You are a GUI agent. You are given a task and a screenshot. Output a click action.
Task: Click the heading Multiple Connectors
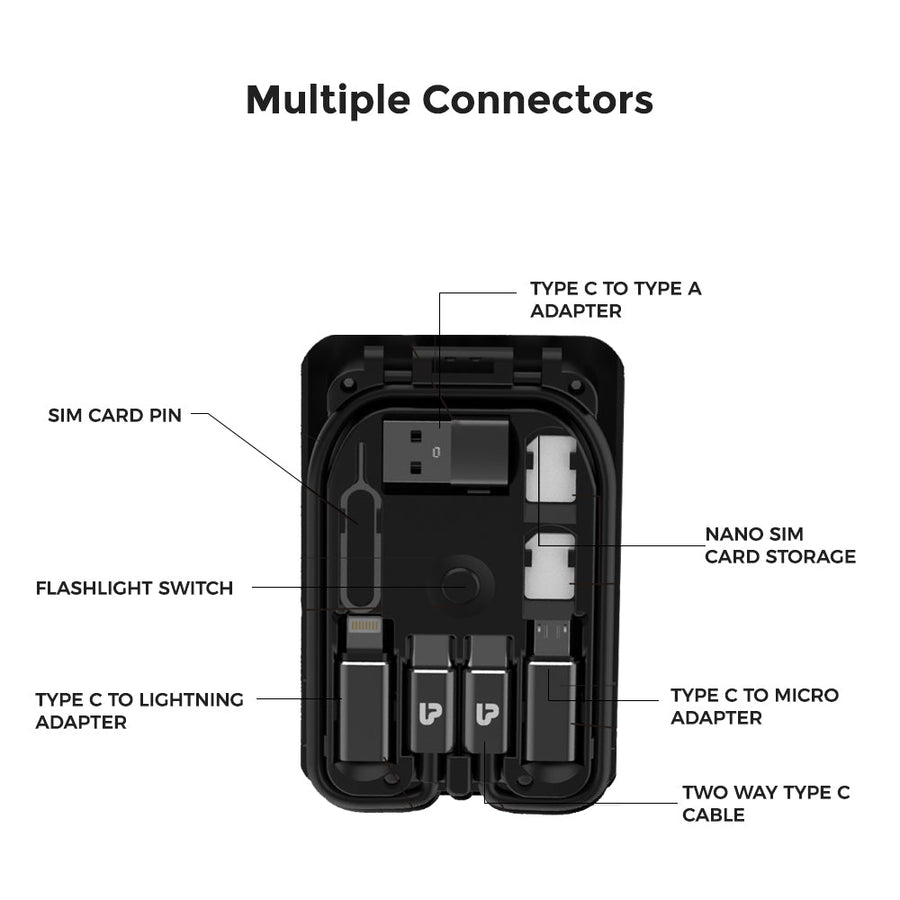point(449,101)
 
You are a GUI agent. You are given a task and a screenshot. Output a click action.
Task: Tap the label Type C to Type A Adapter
point(615,300)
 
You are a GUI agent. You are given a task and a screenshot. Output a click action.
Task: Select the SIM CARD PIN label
point(115,415)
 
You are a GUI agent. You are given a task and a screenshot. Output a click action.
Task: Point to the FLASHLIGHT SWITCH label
point(134,588)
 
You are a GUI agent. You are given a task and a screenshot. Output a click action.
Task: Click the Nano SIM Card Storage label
point(780,545)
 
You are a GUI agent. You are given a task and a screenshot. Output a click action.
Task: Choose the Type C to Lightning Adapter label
point(139,711)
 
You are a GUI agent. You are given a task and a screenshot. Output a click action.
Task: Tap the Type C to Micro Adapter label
point(755,706)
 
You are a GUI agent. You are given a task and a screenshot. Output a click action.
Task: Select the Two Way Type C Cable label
point(766,804)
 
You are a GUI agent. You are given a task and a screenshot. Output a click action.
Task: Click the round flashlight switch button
point(460,586)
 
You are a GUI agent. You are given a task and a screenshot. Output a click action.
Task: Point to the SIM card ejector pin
point(360,526)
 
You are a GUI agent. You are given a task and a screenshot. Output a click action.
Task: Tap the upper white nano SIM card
point(550,468)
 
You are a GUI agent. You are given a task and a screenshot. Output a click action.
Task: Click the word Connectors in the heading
point(538,101)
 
